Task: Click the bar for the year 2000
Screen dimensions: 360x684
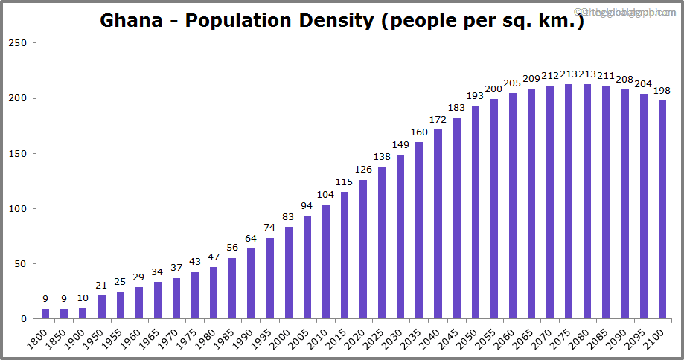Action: tap(288, 273)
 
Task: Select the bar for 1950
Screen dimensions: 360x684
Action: tap(102, 307)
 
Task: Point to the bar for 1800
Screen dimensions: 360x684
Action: tap(45, 314)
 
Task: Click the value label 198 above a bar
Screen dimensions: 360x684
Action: tap(662, 91)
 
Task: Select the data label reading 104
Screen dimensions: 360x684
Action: tap(325, 194)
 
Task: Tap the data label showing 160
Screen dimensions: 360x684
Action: tap(419, 132)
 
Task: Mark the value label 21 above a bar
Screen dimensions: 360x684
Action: tap(102, 286)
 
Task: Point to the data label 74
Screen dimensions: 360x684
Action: tap(269, 228)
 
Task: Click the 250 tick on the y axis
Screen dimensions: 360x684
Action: tap(18, 43)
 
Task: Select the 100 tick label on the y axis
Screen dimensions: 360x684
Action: tap(18, 209)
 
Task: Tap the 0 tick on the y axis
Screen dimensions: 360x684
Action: tap(24, 319)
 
